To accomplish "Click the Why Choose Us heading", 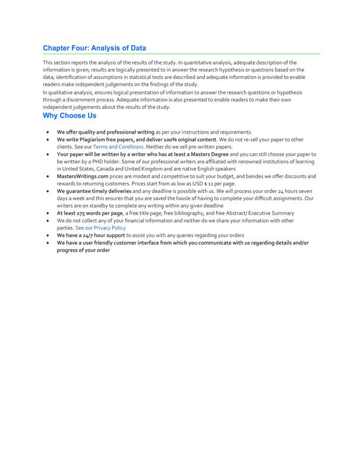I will click(70, 116).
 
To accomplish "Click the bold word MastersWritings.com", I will click(83, 176).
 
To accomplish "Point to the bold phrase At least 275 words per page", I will click(90, 213).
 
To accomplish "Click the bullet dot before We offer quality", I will click(48, 132).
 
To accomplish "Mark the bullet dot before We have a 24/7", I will click(48, 235).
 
